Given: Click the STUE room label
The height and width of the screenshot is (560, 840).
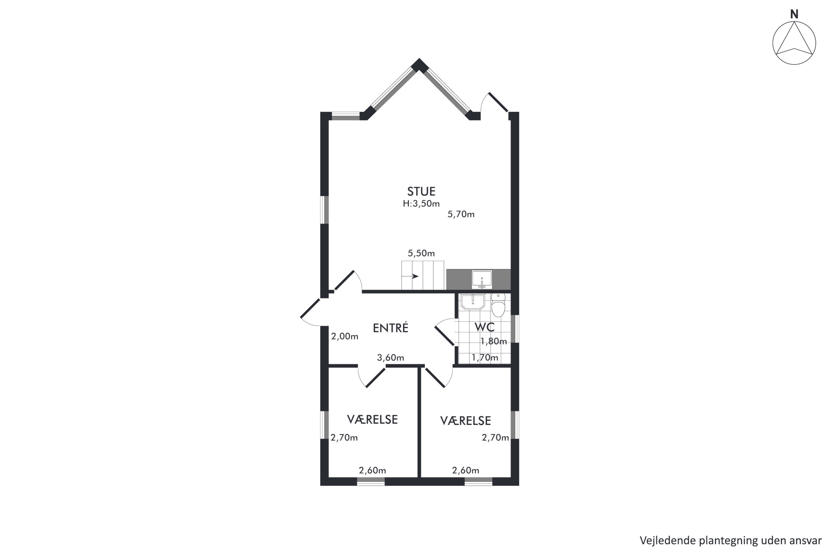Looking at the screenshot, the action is click(x=421, y=192).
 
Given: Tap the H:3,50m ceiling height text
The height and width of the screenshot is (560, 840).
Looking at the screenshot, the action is click(x=421, y=204).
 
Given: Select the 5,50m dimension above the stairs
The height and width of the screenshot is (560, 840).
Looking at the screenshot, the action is click(x=421, y=253).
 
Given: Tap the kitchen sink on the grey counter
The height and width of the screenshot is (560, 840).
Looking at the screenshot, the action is click(x=482, y=279).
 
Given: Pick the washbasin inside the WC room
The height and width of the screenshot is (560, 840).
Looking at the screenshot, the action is click(x=473, y=302).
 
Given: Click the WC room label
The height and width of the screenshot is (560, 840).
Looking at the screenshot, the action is click(x=484, y=327).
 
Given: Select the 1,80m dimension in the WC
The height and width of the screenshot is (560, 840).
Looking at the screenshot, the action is click(x=494, y=341).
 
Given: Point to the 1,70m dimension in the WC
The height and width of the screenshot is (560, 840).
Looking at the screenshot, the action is click(x=485, y=358).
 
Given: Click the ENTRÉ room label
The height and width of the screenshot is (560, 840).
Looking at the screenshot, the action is click(x=390, y=328).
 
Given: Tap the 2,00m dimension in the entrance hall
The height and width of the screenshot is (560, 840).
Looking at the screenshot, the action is click(x=345, y=337).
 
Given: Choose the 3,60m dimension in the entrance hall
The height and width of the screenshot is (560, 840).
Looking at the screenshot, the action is click(x=390, y=358).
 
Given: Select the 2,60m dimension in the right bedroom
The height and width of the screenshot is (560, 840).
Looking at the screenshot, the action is click(x=465, y=470).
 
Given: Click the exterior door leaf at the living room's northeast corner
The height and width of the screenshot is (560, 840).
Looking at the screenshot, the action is click(x=498, y=102).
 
